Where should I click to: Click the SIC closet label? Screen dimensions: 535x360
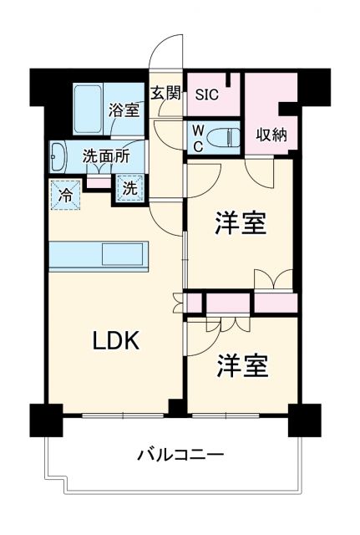click(x=206, y=94)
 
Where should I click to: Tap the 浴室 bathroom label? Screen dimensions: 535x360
click(x=124, y=108)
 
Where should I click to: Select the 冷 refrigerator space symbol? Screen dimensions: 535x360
click(x=64, y=196)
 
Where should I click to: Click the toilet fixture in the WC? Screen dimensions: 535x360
click(x=224, y=136)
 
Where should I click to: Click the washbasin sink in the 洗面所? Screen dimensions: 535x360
click(x=59, y=155)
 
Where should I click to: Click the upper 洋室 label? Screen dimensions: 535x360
click(x=241, y=224)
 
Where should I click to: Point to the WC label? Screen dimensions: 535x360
click(x=197, y=136)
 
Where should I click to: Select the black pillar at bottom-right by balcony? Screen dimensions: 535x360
click(x=304, y=418)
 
